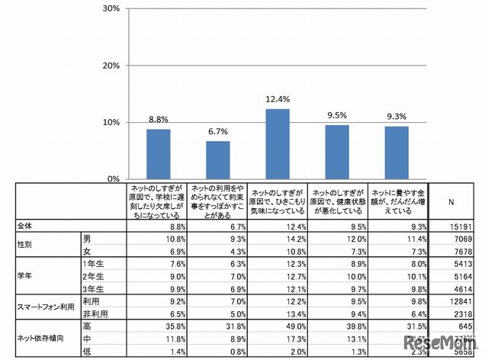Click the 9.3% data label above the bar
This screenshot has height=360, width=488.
(396, 117)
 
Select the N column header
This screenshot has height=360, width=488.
(451, 202)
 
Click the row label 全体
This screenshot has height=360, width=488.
(27, 227)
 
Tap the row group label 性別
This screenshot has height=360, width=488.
(27, 246)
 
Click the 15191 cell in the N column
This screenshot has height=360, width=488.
(462, 227)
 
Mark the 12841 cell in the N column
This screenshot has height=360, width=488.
(462, 301)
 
